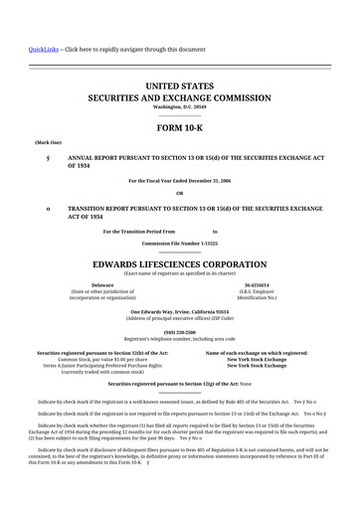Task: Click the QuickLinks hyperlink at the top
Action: [x=42, y=48]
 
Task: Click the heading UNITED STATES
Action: [x=180, y=86]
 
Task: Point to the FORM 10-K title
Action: [x=180, y=128]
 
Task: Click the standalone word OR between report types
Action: [x=180, y=192]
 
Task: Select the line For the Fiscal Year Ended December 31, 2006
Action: [x=180, y=180]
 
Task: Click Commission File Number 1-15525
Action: [x=180, y=243]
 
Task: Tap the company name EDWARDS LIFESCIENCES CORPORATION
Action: [x=180, y=263]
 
